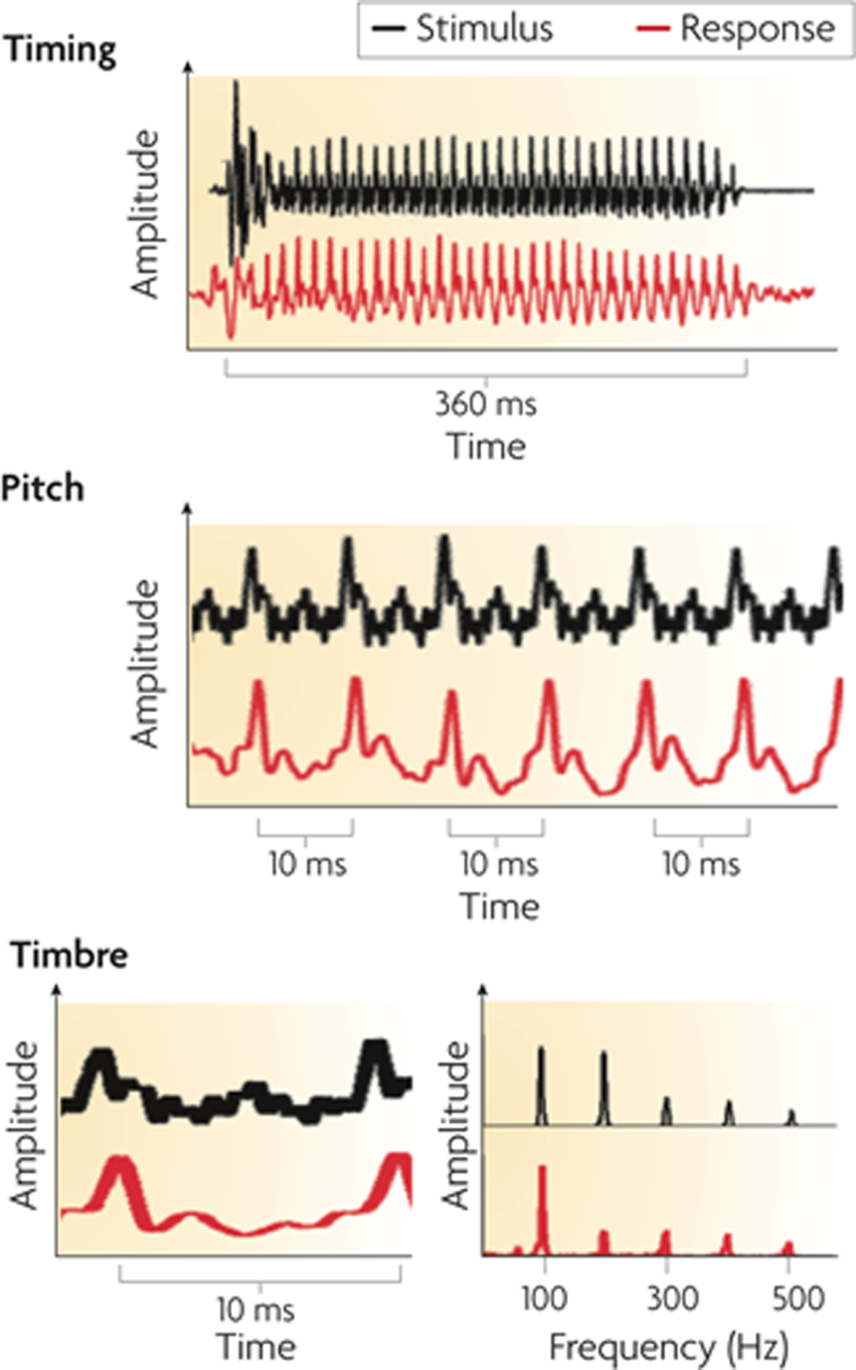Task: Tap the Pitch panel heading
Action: [x=43, y=489]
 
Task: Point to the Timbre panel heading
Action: [x=69, y=955]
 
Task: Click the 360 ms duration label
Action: [x=486, y=405]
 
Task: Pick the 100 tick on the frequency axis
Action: [x=544, y=1299]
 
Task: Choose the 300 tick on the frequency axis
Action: [x=672, y=1299]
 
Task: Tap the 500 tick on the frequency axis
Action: [x=797, y=1299]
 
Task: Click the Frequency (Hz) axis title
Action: [x=668, y=1347]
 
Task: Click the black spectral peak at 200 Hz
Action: [x=603, y=1087]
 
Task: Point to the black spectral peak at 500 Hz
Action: [x=791, y=1117]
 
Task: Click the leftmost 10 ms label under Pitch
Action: [x=307, y=865]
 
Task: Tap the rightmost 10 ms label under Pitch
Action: [x=701, y=865]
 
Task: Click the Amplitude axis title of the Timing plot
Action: [x=145, y=214]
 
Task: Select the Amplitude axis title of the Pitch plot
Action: [x=145, y=664]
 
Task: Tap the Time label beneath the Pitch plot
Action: [x=500, y=907]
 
